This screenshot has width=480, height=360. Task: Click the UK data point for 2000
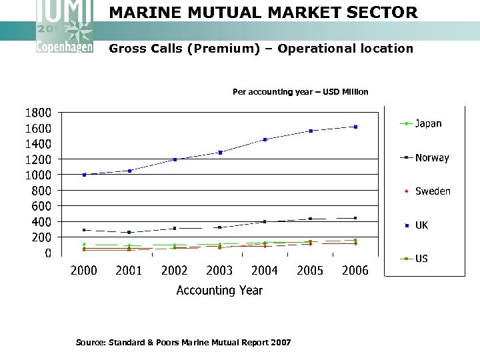coord(84,175)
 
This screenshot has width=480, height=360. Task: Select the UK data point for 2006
coord(356,127)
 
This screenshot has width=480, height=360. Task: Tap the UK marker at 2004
coord(265,139)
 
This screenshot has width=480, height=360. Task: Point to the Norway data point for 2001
coord(129,232)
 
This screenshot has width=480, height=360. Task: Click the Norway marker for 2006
coord(356,218)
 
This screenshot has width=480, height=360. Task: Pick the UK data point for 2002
coord(175,159)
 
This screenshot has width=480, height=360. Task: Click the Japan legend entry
coord(427,123)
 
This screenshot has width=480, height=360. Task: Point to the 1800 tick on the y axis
coord(38,113)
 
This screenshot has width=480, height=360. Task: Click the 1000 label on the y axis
coord(38,175)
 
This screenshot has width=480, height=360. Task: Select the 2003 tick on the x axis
coord(220,270)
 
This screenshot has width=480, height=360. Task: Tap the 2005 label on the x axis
coord(310,270)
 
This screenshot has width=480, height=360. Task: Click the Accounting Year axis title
coord(219,291)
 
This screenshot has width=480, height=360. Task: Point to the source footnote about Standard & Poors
coord(183,343)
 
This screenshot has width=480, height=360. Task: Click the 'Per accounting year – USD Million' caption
coord(300,92)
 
